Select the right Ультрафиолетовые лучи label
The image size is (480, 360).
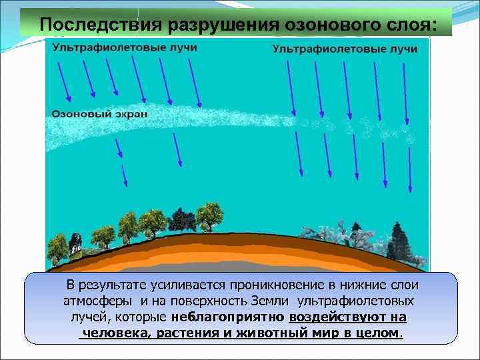point(345,49)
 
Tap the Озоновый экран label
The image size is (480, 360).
point(100,114)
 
